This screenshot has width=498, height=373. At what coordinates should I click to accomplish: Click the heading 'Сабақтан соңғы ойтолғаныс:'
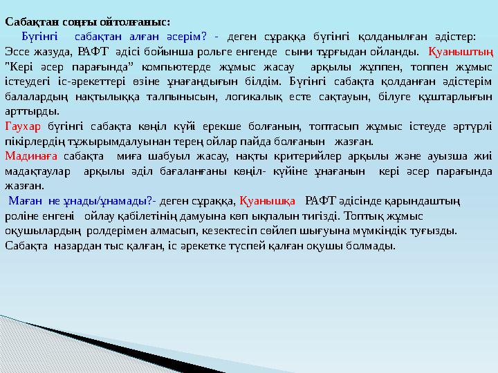point(88,23)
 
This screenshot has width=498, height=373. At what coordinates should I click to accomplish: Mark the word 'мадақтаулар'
point(36,171)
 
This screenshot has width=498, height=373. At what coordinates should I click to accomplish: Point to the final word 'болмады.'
point(374,245)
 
